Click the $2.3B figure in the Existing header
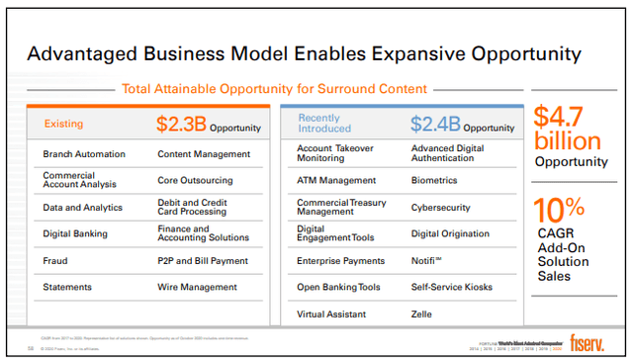(181, 125)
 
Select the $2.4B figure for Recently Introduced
(435, 125)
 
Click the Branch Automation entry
(84, 154)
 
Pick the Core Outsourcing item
(195, 181)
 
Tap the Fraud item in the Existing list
(55, 261)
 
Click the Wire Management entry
(198, 287)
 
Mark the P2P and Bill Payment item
(204, 261)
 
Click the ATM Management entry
(336, 180)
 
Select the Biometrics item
(435, 180)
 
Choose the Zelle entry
(422, 314)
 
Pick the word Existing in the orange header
(64, 125)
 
